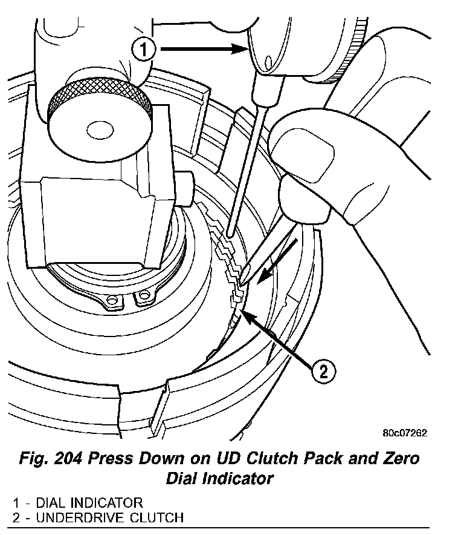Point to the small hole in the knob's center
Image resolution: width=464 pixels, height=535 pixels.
click(x=97, y=129)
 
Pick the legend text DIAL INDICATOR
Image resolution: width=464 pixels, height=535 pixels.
click(x=89, y=502)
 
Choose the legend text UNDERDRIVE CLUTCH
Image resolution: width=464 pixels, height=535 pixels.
click(x=109, y=517)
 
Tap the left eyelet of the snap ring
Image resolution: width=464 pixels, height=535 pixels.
click(x=112, y=300)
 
